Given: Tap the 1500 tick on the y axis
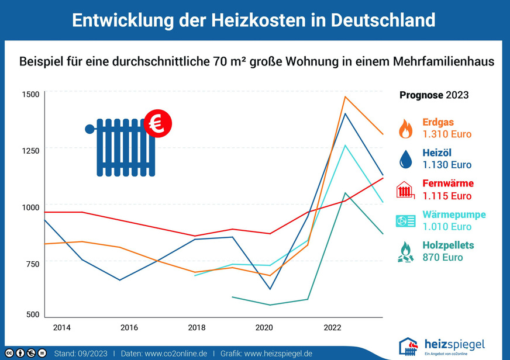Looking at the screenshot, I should click(x=30, y=94).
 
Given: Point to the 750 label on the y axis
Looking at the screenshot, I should click(x=30, y=264).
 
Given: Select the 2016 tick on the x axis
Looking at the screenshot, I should click(x=129, y=327).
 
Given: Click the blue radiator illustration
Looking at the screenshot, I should click(x=124, y=147).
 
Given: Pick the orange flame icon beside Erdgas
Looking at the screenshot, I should click(x=405, y=129).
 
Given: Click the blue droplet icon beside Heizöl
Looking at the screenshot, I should click(x=405, y=159).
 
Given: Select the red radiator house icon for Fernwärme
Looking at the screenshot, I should click(x=405, y=190).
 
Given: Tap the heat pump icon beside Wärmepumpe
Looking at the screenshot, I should click(x=405, y=221).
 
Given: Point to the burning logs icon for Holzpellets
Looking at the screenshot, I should click(x=405, y=251).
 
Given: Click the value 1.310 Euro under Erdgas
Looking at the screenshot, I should click(x=447, y=134).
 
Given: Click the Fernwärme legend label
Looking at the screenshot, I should click(x=447, y=184).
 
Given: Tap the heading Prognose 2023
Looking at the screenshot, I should click(x=433, y=95).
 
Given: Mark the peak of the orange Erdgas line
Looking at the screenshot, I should click(x=345, y=96).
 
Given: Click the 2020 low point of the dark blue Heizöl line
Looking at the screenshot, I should click(x=270, y=289).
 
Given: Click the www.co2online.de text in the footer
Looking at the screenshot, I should click(x=175, y=354).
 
